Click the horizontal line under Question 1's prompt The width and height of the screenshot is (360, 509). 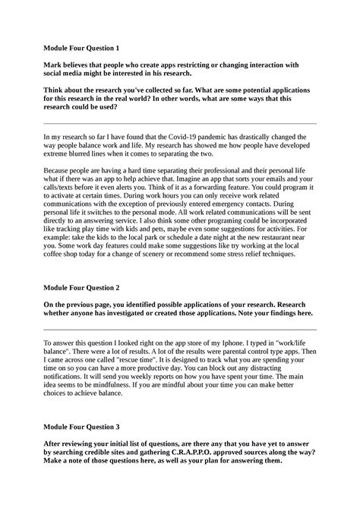(181, 122)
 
